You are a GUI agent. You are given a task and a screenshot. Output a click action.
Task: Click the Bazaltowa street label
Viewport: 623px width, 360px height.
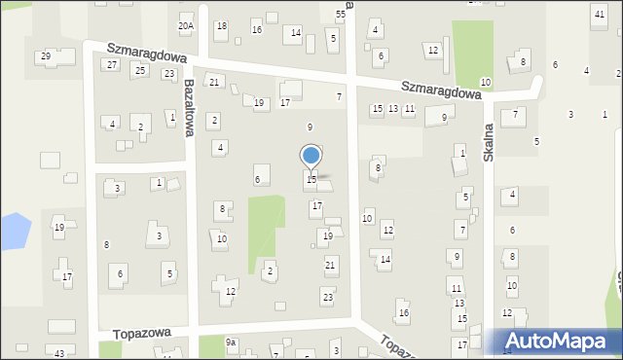(x=191, y=107)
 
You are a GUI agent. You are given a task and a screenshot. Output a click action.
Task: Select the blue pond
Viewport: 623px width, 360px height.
(x=13, y=232)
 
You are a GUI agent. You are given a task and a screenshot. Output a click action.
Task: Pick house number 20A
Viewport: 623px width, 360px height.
(x=186, y=26)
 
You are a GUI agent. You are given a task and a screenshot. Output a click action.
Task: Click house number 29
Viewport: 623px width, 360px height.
(x=46, y=56)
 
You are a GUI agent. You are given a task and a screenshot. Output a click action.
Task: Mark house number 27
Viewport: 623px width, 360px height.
(x=112, y=64)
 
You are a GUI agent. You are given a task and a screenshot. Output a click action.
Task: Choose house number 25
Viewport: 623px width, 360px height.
(x=140, y=70)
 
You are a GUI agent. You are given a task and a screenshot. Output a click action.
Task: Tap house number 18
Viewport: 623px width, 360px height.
(x=221, y=26)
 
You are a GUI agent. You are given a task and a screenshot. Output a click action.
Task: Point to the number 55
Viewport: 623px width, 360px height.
(x=341, y=14)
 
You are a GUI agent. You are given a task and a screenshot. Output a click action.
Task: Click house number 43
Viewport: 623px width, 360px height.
(x=59, y=352)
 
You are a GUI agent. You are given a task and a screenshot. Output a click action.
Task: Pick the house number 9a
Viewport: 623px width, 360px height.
(x=231, y=342)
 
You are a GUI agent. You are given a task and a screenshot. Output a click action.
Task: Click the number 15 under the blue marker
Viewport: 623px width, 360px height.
(x=311, y=179)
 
